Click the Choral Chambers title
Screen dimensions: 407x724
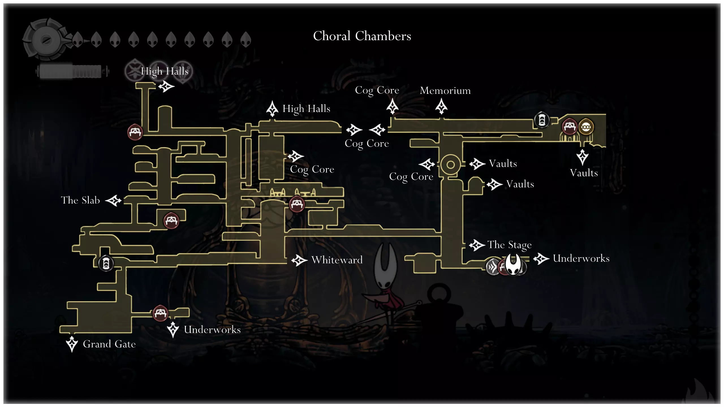[x=362, y=36]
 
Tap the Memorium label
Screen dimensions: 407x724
[x=445, y=90]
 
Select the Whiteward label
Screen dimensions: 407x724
[x=337, y=260]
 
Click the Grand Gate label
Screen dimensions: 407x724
[x=109, y=344]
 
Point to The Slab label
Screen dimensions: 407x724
[x=80, y=200]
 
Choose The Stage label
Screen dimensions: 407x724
[x=509, y=245]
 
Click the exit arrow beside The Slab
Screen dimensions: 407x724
[x=114, y=200]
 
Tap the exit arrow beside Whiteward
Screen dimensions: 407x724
[x=299, y=260]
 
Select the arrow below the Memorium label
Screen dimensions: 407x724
[x=441, y=106]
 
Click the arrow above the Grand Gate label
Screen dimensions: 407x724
[x=72, y=343]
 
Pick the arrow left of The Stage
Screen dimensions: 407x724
[x=477, y=245]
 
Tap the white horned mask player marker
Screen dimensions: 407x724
[x=513, y=264]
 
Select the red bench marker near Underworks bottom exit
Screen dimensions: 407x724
[x=160, y=313]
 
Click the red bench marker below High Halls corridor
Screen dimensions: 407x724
[x=135, y=132]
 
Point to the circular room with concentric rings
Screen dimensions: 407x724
[x=450, y=164]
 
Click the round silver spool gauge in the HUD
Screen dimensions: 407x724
[x=45, y=40]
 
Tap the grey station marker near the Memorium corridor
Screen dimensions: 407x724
[x=542, y=120]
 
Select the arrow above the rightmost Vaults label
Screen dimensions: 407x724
[x=582, y=157]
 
